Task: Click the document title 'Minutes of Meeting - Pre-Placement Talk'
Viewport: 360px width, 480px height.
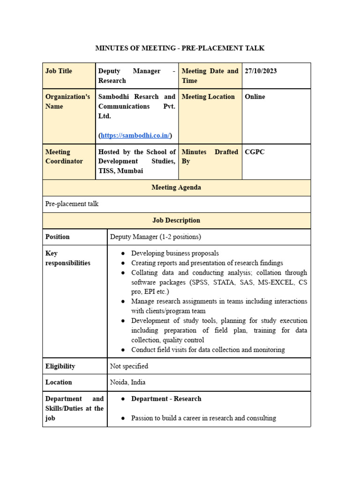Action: [x=180, y=48]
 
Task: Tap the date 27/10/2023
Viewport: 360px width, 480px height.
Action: [x=261, y=71]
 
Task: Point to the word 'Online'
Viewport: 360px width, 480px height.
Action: [x=255, y=97]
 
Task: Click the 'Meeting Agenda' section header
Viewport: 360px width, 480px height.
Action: [x=176, y=187]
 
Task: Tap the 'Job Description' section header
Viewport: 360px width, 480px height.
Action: [x=176, y=220]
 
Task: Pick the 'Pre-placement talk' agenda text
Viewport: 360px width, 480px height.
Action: [x=72, y=204]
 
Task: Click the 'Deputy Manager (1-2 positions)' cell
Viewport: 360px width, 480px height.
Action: [x=155, y=237]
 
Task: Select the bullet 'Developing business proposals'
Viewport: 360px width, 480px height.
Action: [x=175, y=253]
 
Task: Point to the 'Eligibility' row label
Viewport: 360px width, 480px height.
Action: [x=60, y=366]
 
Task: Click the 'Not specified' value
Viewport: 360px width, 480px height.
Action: [x=129, y=366]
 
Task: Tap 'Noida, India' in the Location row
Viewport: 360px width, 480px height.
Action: [x=127, y=382]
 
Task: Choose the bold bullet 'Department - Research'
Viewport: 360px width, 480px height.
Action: [x=166, y=398]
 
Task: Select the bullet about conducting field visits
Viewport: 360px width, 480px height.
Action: [x=208, y=350]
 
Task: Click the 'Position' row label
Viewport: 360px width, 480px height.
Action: [x=58, y=237]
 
